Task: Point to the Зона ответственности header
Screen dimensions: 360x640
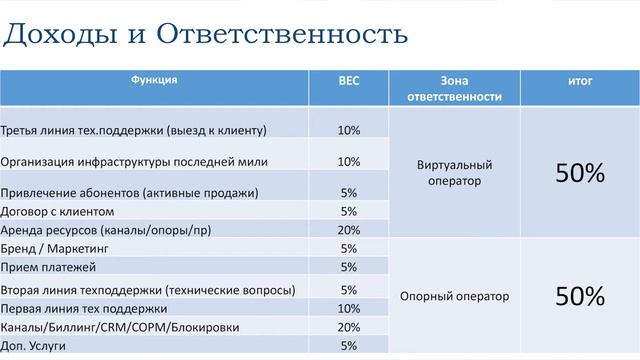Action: click(453, 88)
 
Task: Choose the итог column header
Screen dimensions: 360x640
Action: click(580, 80)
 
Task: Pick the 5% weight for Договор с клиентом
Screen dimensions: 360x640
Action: click(348, 211)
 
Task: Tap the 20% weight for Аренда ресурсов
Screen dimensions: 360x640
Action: click(348, 230)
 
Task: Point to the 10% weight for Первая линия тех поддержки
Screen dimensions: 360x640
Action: click(348, 308)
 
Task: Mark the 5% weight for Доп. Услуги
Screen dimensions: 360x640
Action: click(348, 346)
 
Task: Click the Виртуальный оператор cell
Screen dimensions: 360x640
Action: click(453, 172)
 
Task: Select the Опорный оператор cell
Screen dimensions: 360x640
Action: click(453, 296)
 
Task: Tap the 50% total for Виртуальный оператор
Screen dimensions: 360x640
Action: click(580, 172)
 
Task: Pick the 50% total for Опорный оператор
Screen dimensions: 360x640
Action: click(580, 296)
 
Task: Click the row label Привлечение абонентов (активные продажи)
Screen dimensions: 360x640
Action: click(130, 192)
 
